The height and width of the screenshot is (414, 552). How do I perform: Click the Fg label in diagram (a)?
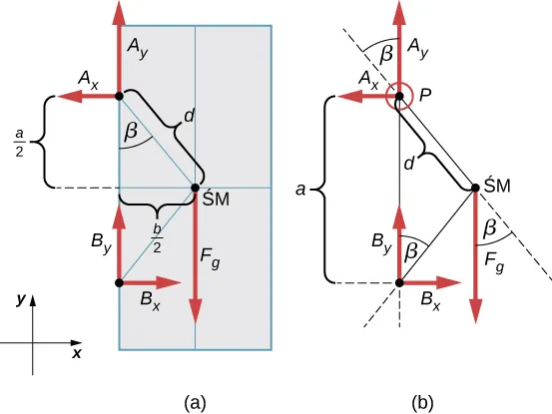211,256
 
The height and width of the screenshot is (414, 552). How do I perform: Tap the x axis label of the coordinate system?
76,353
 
